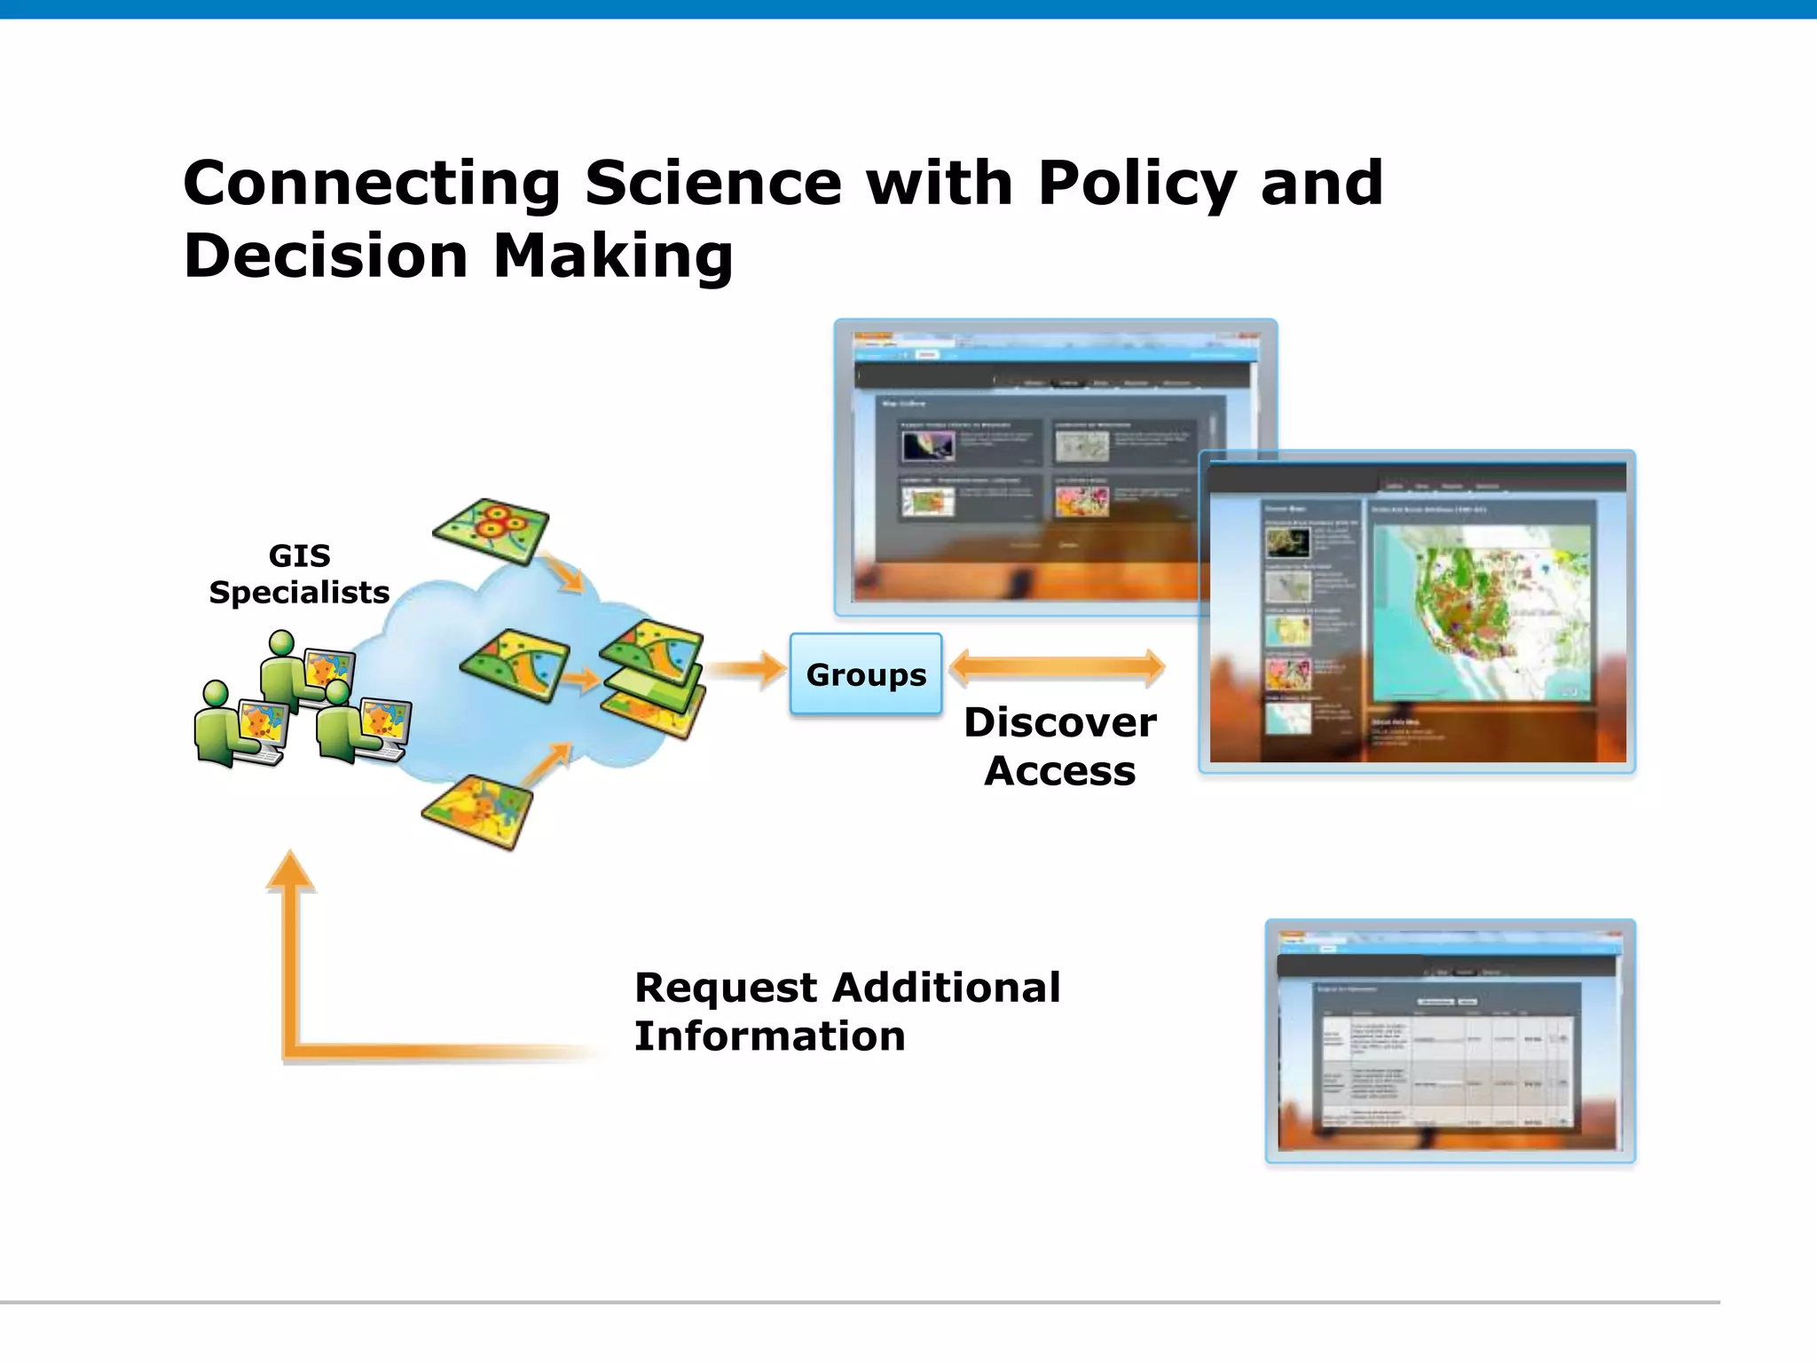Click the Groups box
(x=865, y=674)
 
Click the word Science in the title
(x=712, y=184)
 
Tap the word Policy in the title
(x=1137, y=184)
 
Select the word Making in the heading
(x=612, y=256)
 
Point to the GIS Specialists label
(x=299, y=574)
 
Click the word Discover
(x=1060, y=722)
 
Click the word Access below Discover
(x=1060, y=771)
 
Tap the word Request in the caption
(x=726, y=988)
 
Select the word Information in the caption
(x=769, y=1036)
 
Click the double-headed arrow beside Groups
(x=1057, y=667)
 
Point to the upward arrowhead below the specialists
(x=290, y=870)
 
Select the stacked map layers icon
(x=654, y=679)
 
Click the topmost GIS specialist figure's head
(x=282, y=642)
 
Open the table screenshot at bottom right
(x=1450, y=1041)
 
